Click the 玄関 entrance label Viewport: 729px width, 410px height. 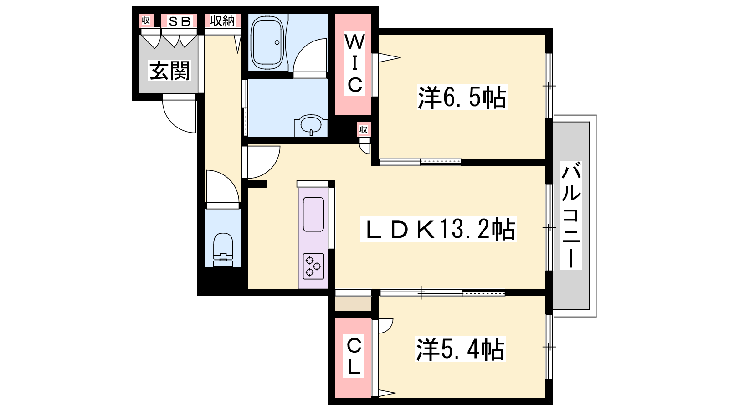click(169, 71)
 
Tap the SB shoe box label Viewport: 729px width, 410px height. click(180, 21)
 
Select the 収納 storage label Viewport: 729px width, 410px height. click(222, 21)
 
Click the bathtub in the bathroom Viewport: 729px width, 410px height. click(267, 42)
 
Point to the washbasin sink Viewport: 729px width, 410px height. click(311, 125)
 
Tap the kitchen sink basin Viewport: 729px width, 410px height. click(313, 214)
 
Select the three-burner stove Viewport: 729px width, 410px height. click(313, 266)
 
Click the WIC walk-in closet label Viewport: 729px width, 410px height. click(355, 63)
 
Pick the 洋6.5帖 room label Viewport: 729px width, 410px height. click(462, 97)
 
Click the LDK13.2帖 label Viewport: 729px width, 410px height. click(438, 229)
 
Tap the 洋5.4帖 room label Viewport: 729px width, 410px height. click(460, 349)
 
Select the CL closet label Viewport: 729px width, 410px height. click(354, 356)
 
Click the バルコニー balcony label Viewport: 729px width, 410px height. click(571, 215)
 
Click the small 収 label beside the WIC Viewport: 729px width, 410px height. click(363, 129)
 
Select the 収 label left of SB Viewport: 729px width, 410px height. click(146, 20)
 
